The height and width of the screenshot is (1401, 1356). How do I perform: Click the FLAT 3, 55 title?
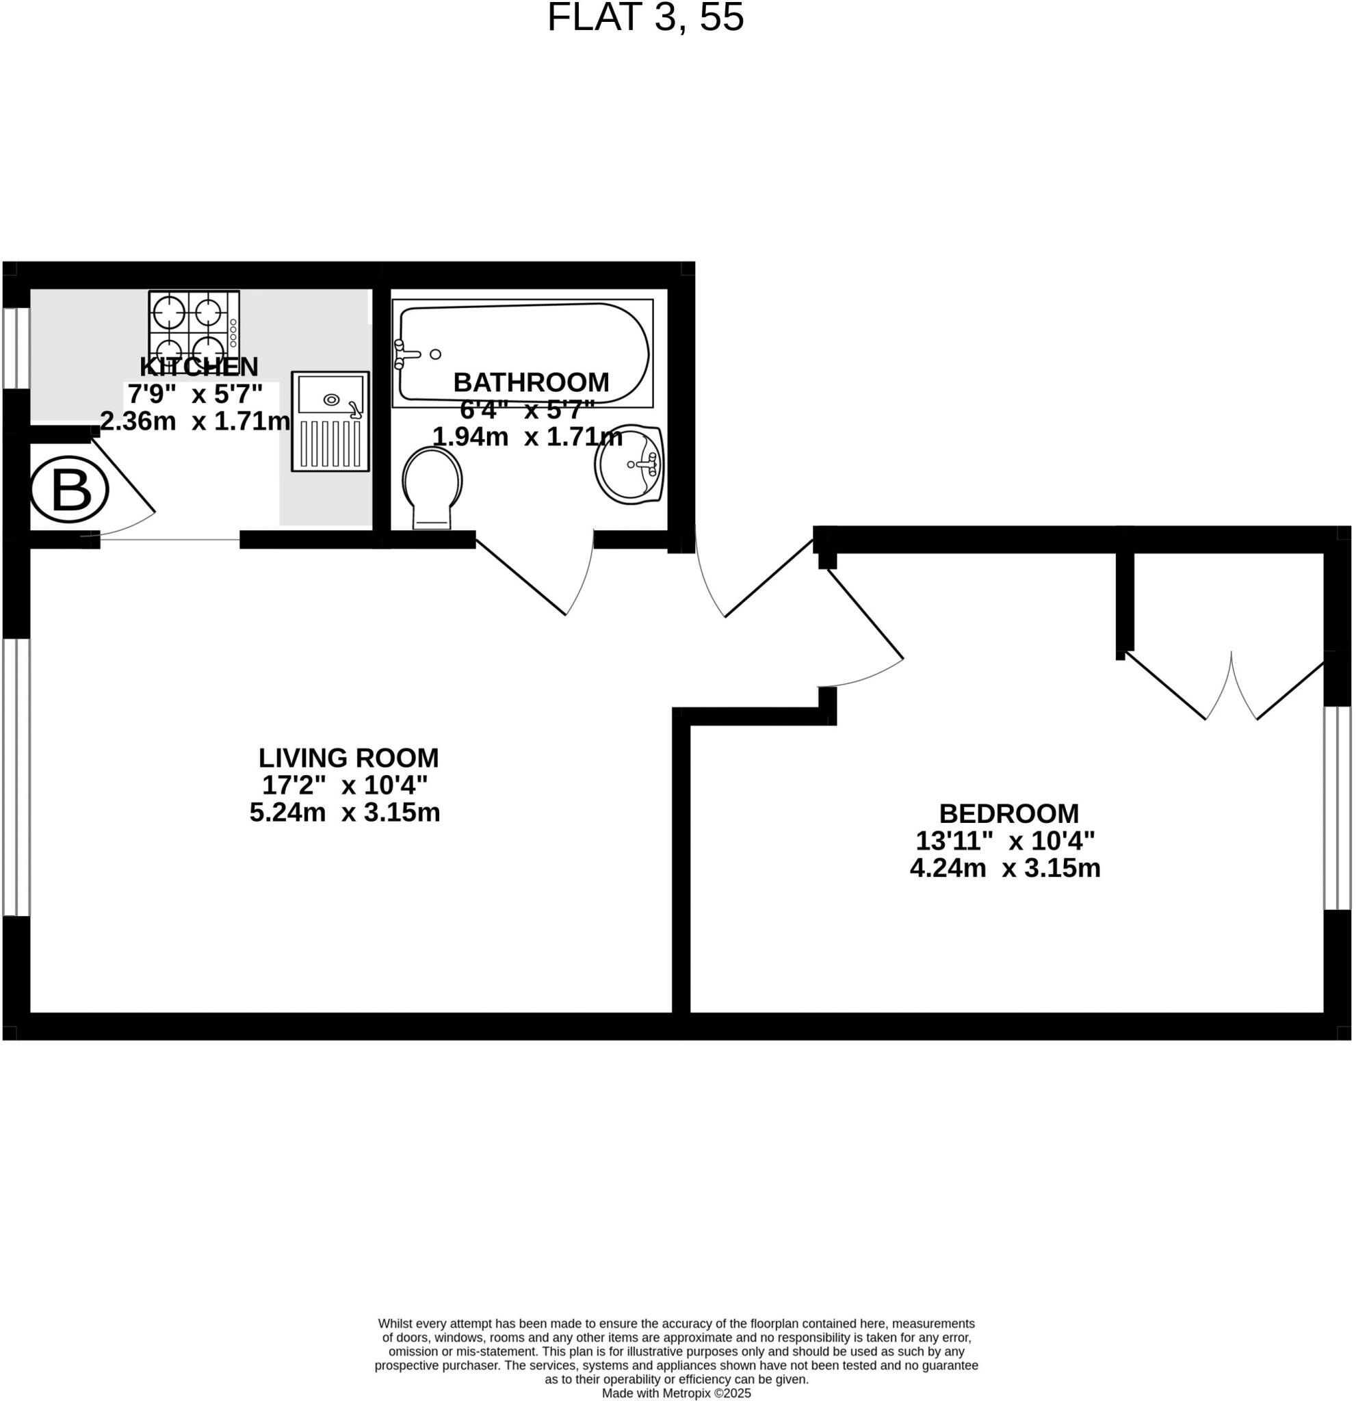(644, 18)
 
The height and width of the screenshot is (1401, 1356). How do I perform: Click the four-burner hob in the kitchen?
(194, 326)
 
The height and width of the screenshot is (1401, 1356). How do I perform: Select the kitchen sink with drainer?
(330, 421)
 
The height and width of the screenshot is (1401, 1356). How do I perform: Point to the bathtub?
(523, 352)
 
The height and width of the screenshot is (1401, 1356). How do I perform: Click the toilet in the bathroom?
(432, 488)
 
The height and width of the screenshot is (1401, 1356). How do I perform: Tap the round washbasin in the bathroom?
(629, 464)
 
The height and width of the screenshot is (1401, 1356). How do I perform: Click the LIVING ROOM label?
(348, 758)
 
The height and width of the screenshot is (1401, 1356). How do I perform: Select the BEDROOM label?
(1008, 813)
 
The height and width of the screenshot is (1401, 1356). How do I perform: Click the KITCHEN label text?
(198, 367)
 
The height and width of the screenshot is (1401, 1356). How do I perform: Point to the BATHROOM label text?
(531, 382)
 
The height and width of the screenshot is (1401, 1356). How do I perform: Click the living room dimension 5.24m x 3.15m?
(345, 813)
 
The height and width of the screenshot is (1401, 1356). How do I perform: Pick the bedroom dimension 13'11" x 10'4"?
(1005, 841)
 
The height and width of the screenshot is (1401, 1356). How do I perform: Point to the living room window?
(16, 777)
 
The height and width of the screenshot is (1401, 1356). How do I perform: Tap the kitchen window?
(16, 348)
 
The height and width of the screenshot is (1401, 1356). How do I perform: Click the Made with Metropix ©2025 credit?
(676, 1393)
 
